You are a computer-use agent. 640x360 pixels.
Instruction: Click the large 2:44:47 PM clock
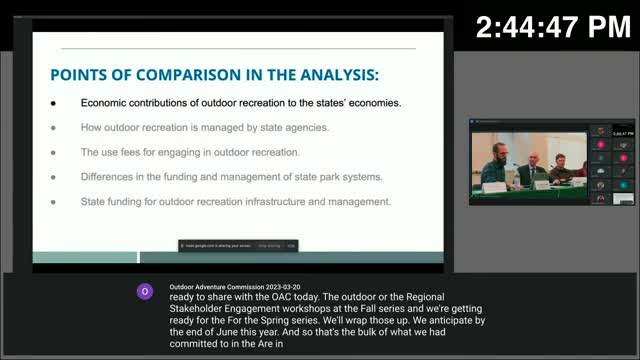553,28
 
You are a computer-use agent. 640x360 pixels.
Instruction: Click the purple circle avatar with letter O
145,291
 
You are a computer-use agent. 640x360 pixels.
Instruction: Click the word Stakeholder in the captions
200,308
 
